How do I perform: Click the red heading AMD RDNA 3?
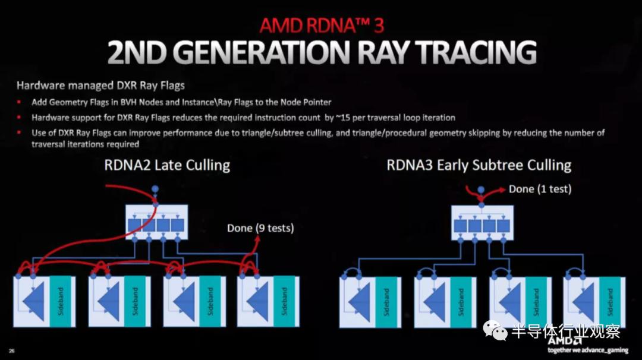(322, 26)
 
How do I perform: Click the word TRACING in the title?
(476, 52)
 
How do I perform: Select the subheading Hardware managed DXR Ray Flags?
(100, 86)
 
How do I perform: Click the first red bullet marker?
(19, 102)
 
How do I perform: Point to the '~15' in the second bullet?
(343, 118)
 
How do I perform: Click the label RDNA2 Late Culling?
(167, 165)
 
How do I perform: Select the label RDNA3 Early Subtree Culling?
(479, 165)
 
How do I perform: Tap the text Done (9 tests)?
(260, 228)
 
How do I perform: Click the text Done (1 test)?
(540, 189)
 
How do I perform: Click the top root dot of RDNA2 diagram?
(155, 189)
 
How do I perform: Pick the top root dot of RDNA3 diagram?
(481, 190)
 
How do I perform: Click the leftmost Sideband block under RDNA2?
(61, 302)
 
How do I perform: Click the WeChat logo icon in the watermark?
(495, 330)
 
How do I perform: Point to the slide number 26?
(11, 350)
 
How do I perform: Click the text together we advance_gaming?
(588, 350)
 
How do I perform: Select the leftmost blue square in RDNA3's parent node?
(460, 226)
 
